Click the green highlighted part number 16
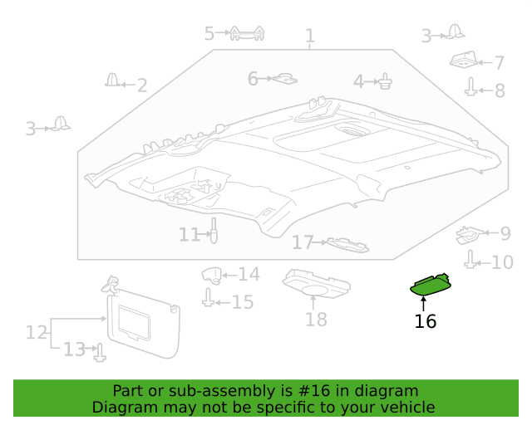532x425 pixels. [x=431, y=285]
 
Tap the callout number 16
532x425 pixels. [x=426, y=321]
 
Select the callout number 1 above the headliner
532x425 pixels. [x=310, y=36]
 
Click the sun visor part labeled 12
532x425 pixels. [x=144, y=322]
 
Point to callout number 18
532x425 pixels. [x=316, y=320]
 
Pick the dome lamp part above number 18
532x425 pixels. [x=316, y=283]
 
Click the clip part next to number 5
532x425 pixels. [x=247, y=33]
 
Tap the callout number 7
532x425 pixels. [x=499, y=63]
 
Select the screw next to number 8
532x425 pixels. [x=470, y=87]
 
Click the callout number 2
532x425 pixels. [x=142, y=85]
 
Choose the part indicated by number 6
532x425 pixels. [x=285, y=79]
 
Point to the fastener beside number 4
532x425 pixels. [x=385, y=81]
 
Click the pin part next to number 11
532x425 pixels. [x=214, y=231]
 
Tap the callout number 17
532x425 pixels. [x=303, y=242]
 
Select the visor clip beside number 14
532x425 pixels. [x=212, y=276]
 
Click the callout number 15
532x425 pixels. [x=243, y=302]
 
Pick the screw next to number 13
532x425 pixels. [x=100, y=353]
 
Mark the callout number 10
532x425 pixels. [x=502, y=262]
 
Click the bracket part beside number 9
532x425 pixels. [x=470, y=235]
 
